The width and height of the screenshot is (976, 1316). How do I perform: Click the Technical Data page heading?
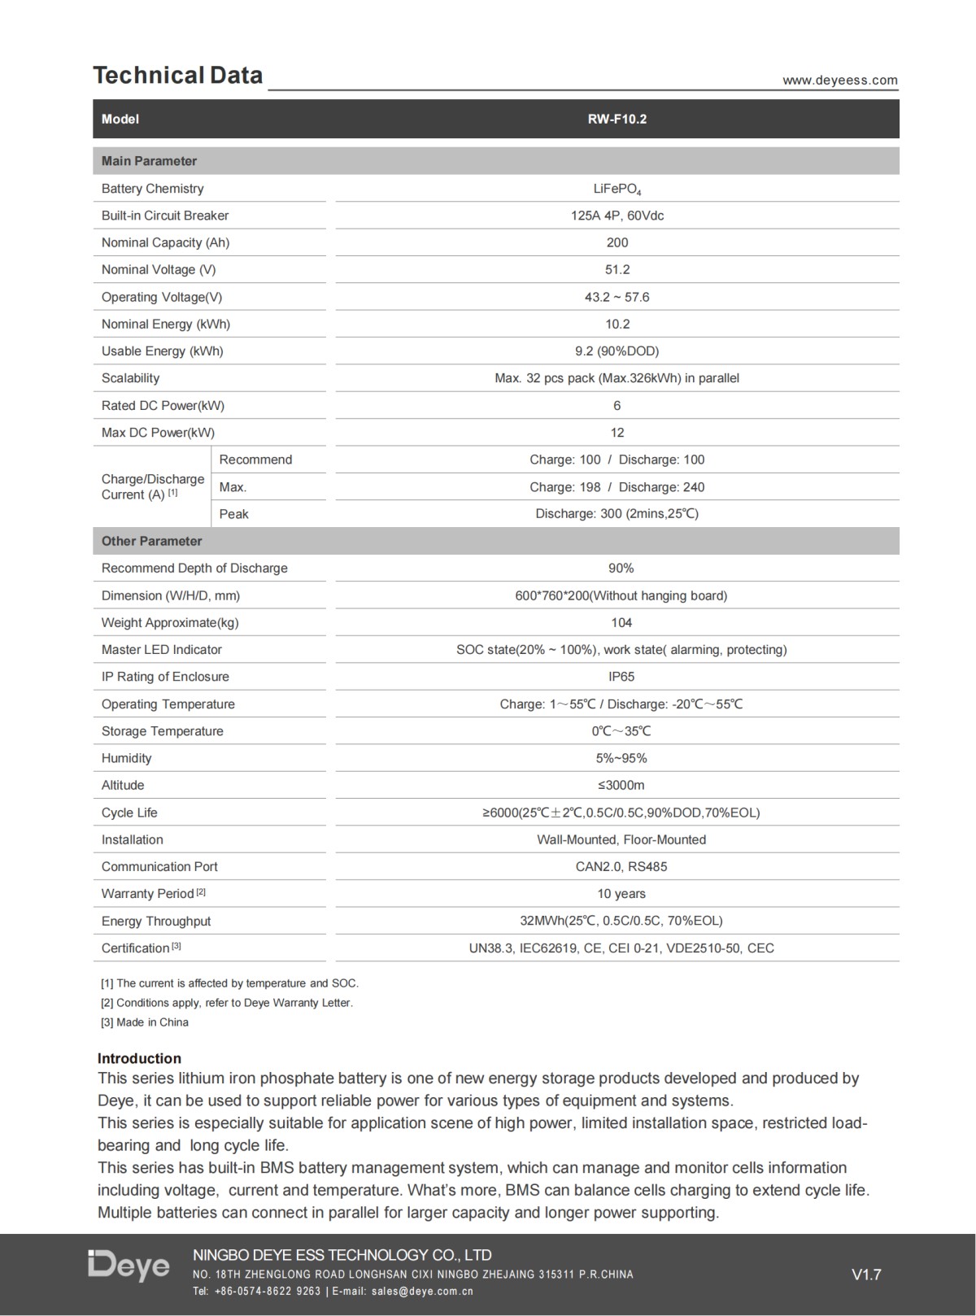tap(177, 76)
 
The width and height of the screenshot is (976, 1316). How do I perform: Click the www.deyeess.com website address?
tap(839, 80)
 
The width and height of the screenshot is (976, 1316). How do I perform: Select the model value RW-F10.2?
tap(617, 119)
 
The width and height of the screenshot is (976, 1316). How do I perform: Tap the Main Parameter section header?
tap(149, 161)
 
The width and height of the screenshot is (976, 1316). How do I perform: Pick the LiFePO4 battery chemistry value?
tap(617, 189)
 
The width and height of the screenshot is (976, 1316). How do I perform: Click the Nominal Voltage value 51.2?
tap(617, 269)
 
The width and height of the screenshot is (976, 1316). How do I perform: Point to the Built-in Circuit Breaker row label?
tap(165, 216)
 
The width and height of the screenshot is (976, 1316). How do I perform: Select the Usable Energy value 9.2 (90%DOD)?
tap(617, 351)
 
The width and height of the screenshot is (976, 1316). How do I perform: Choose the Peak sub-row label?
tap(233, 514)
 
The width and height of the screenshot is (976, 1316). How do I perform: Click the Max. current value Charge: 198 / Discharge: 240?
tap(617, 487)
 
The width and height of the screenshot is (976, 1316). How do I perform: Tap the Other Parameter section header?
tap(151, 541)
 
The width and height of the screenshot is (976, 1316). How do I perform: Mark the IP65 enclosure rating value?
tap(621, 677)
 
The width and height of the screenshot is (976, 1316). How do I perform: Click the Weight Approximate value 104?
tap(621, 622)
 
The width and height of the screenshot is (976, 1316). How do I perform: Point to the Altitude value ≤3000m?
tap(621, 785)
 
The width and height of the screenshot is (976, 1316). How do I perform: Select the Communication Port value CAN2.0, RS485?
tap(621, 866)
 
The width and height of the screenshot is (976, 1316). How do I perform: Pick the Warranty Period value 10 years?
tap(621, 893)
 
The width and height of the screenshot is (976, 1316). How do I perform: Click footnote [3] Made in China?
tap(144, 1022)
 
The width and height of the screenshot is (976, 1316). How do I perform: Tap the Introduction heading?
tap(139, 1058)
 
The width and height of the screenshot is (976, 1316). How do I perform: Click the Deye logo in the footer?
tap(129, 1265)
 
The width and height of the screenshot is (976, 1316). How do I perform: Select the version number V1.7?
tap(866, 1275)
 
